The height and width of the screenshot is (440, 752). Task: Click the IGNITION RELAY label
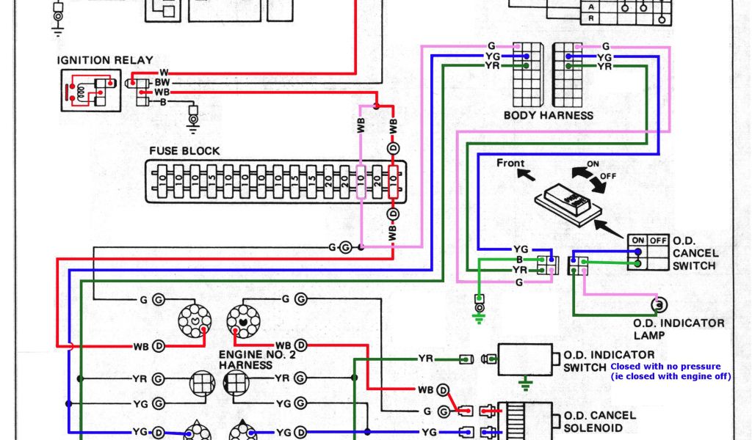(x=107, y=60)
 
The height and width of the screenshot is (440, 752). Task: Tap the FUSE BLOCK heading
(x=184, y=151)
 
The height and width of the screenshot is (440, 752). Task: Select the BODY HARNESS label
(x=548, y=115)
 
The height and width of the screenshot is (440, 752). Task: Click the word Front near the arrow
(x=510, y=163)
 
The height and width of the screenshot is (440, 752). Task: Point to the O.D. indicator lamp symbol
(x=659, y=304)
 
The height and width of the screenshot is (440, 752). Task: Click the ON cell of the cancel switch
(x=637, y=241)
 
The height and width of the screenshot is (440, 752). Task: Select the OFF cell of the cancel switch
(x=658, y=241)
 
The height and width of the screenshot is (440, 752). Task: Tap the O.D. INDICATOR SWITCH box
(x=524, y=359)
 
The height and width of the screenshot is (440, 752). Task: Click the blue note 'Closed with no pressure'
(x=665, y=366)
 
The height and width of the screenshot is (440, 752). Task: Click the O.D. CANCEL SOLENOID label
(x=599, y=421)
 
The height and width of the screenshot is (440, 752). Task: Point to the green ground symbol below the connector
(x=479, y=316)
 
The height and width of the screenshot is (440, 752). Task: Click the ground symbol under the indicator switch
(x=524, y=383)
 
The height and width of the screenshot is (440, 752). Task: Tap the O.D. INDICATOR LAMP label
(x=679, y=329)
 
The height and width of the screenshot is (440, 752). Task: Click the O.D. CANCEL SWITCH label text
(x=694, y=252)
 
